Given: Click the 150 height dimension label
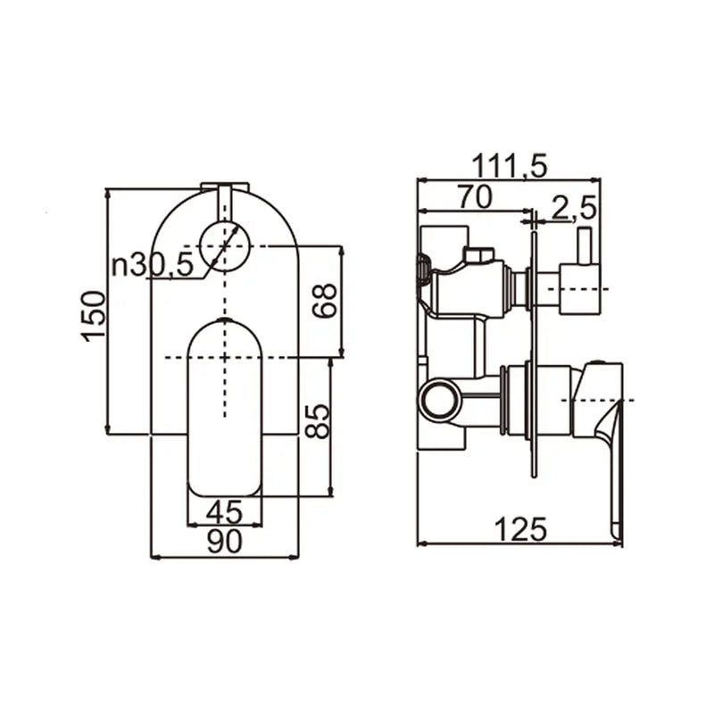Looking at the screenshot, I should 93,313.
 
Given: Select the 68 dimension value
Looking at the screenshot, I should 327,302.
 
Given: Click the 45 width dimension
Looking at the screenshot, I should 224,512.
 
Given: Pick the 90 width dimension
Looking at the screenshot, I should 224,543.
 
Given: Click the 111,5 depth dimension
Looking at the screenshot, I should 510,165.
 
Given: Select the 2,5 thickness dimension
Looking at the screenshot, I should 572,209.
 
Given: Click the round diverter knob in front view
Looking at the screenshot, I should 224,245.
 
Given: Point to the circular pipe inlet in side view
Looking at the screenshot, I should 441,400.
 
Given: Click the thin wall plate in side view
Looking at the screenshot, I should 534,357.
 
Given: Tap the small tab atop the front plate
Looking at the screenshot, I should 224,187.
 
